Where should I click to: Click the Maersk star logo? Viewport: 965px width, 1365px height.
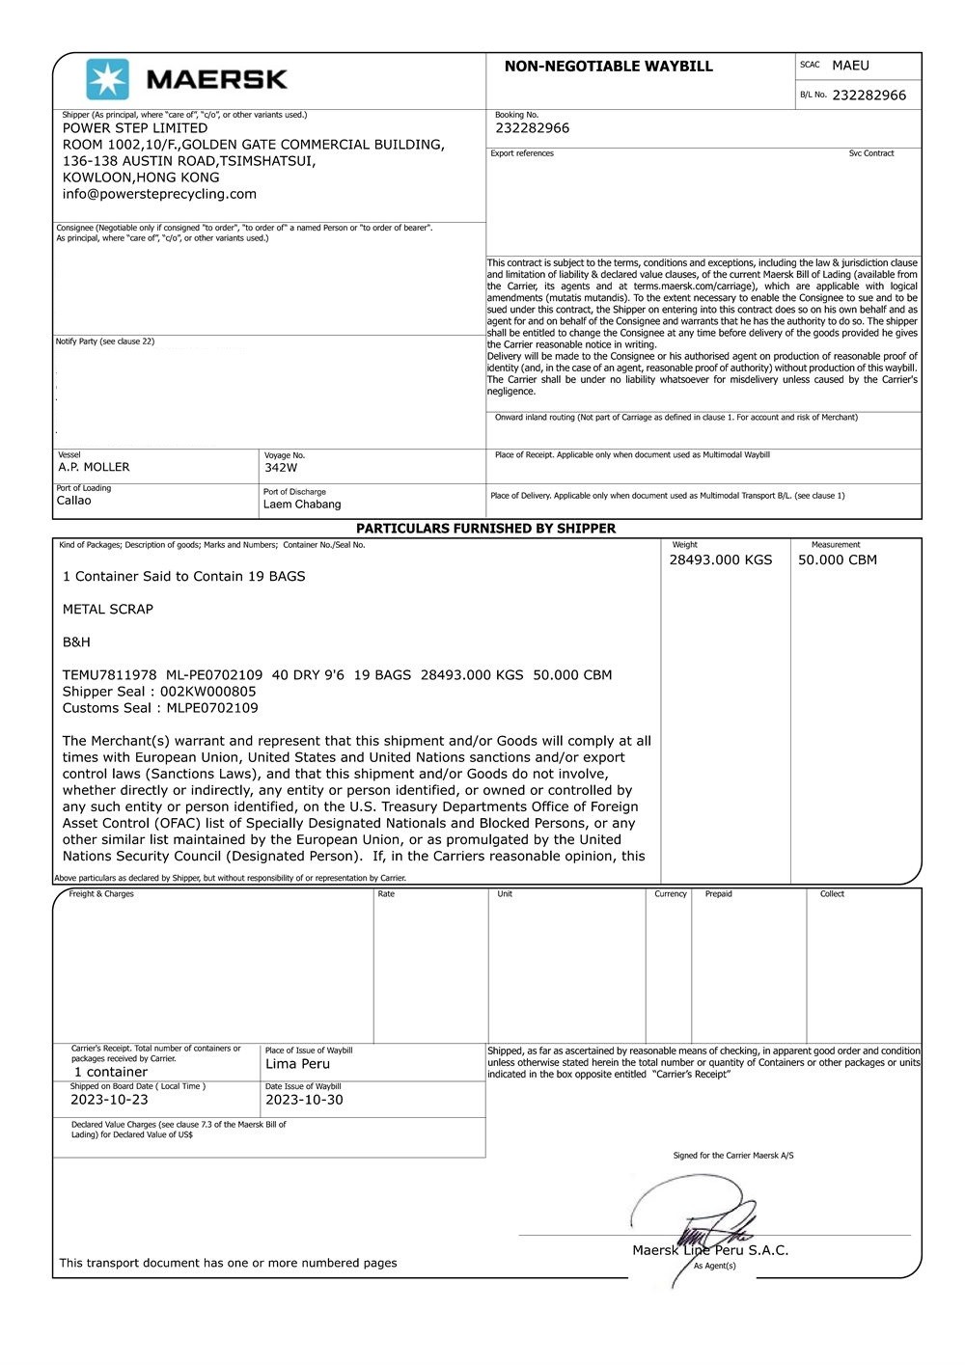pyautogui.click(x=107, y=79)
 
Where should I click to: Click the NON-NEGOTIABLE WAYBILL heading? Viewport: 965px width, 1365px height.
pyautogui.click(x=608, y=67)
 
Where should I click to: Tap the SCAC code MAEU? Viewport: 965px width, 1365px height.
pyautogui.click(x=850, y=66)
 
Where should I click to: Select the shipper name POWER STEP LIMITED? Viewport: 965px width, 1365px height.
pyautogui.click(x=135, y=128)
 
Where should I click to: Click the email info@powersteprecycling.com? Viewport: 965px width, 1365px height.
pyautogui.click(x=159, y=194)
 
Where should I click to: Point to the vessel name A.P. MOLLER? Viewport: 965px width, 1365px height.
pyautogui.click(x=94, y=467)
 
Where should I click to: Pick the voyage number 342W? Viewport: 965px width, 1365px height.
pyautogui.click(x=281, y=468)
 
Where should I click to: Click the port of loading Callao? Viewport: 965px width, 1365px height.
pyautogui.click(x=74, y=501)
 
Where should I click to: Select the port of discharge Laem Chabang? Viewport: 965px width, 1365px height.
pyautogui.click(x=302, y=505)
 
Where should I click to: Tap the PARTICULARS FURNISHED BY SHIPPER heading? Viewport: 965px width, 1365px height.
pyautogui.click(x=485, y=529)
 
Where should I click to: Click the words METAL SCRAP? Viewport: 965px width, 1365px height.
pyautogui.click(x=108, y=610)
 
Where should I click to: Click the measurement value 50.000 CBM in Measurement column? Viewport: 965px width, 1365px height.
pyautogui.click(x=837, y=560)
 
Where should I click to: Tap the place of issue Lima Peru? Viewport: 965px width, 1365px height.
pyautogui.click(x=297, y=1064)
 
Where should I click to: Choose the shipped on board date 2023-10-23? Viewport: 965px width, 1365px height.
pyautogui.click(x=109, y=1100)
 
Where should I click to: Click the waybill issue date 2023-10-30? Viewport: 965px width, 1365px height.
pyautogui.click(x=304, y=1100)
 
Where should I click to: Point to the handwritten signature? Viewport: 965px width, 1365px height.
pyautogui.click(x=695, y=1220)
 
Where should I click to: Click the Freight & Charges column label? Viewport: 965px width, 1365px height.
pyautogui.click(x=101, y=894)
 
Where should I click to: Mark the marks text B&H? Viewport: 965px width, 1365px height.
pyautogui.click(x=76, y=642)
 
